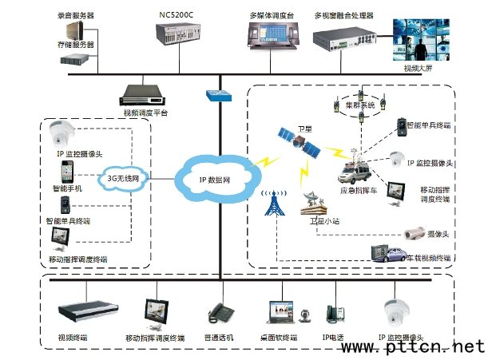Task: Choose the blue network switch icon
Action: click(216, 94)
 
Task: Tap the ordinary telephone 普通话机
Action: click(219, 314)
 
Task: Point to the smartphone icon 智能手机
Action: click(66, 172)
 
